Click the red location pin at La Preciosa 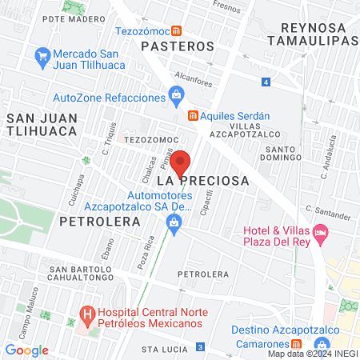[x=180, y=162]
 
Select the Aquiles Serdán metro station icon [x=192, y=115]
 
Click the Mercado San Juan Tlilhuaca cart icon [x=42, y=56]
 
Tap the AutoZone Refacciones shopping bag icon [x=176, y=97]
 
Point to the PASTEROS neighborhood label [x=178, y=46]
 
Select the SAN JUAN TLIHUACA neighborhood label [x=42, y=126]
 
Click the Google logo [x=26, y=350]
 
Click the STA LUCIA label [x=158, y=350]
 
